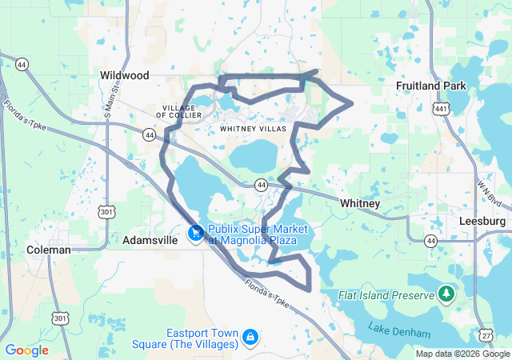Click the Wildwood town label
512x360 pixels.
coord(125,75)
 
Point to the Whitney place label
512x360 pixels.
coord(360,203)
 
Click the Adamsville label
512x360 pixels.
coord(150,240)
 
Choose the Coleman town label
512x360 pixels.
coord(49,250)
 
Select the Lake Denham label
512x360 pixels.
coord(398,328)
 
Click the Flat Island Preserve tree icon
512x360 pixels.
coord(446,295)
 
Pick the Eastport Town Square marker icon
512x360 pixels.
coord(250,336)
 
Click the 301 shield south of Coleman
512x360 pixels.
coord(61,318)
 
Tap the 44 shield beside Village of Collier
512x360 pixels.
coord(150,135)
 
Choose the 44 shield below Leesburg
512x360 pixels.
coord(431,240)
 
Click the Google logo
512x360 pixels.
coord(27,350)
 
